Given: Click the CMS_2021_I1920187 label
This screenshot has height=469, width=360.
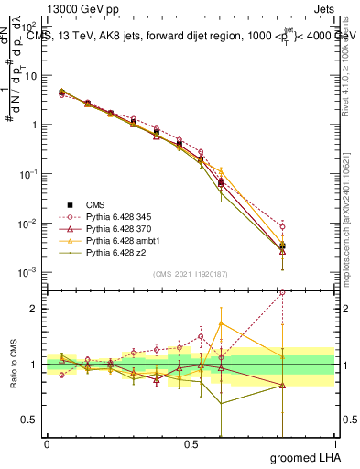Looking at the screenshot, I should coord(190,273).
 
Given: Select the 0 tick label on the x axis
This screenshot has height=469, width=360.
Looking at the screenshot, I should coord(47,443).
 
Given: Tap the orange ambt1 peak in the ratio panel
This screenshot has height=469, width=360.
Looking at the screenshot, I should coord(221,323).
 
